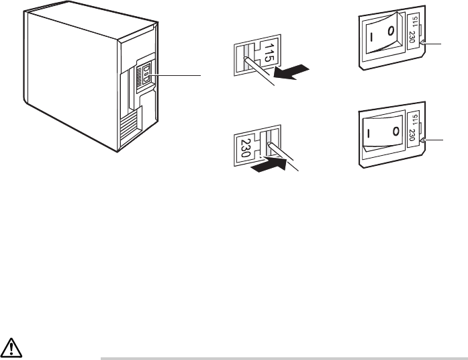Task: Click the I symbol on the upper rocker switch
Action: [x=371, y=32]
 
